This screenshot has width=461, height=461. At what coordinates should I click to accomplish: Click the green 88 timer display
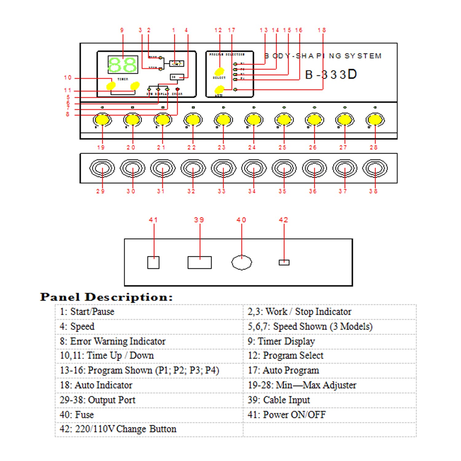(x=123, y=65)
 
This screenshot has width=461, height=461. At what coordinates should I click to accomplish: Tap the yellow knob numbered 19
(x=102, y=119)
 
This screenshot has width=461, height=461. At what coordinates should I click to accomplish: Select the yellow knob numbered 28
(x=375, y=119)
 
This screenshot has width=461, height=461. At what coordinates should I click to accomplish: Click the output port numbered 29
(x=102, y=168)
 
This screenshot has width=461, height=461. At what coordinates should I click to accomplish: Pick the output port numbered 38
(x=375, y=168)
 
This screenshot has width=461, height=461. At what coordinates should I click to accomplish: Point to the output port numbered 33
(x=223, y=168)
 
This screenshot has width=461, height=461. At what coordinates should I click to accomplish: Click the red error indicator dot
(x=177, y=89)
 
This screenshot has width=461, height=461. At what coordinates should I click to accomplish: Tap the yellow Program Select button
(x=219, y=71)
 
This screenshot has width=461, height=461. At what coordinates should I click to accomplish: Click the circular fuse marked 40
(x=242, y=263)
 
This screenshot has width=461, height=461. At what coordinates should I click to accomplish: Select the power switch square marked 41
(x=153, y=262)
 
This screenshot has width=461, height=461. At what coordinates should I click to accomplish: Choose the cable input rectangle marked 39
(x=199, y=262)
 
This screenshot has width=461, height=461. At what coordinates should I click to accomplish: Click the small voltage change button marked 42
(x=284, y=262)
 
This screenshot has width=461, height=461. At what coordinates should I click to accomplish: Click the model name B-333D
(x=331, y=75)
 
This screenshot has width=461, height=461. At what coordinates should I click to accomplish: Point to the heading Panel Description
(x=106, y=297)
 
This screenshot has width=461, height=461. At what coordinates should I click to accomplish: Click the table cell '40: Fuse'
(x=77, y=415)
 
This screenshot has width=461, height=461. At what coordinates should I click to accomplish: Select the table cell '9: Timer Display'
(x=281, y=341)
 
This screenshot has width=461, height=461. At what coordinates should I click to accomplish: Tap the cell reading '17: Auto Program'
(x=283, y=370)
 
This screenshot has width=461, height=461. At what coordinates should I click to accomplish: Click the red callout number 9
(x=122, y=30)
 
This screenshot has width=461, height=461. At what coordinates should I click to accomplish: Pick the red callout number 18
(x=322, y=30)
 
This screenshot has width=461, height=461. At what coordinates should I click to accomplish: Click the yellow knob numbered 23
(x=223, y=119)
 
